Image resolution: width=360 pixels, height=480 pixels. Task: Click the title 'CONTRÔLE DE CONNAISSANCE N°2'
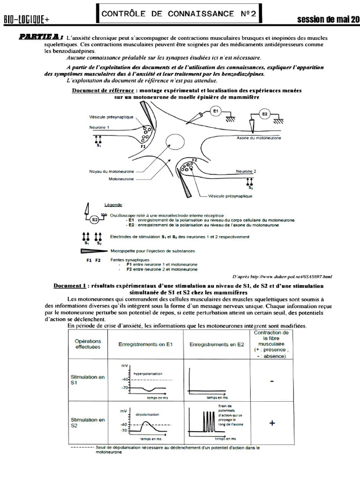click(x=179, y=14)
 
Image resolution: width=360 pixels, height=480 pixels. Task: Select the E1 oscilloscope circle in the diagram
click(x=216, y=112)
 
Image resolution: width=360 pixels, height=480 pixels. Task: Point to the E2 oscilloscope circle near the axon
click(x=265, y=113)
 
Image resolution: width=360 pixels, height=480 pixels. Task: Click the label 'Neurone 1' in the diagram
click(x=99, y=127)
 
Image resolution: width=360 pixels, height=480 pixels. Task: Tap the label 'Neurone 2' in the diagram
click(x=246, y=172)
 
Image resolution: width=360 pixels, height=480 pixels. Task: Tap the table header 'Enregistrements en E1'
click(x=146, y=345)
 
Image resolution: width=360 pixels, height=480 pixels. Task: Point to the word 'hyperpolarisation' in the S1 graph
click(x=148, y=374)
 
